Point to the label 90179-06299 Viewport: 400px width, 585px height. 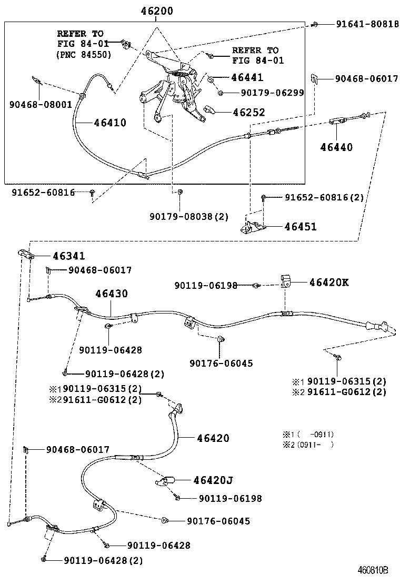(272, 93)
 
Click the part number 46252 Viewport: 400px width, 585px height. (247, 112)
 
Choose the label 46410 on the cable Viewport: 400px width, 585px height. (110, 123)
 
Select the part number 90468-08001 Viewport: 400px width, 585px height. (41, 105)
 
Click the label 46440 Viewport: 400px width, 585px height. (336, 147)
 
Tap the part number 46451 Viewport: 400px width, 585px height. (301, 227)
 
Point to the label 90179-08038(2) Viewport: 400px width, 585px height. (189, 216)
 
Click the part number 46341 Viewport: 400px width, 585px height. (68, 256)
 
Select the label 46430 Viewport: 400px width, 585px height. (111, 294)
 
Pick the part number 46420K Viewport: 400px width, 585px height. (329, 283)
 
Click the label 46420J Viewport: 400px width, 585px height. (213, 480)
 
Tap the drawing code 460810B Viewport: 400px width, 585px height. (373, 570)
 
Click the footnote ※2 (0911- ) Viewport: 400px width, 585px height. (308, 445)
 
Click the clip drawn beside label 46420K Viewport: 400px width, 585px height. (287, 281)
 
